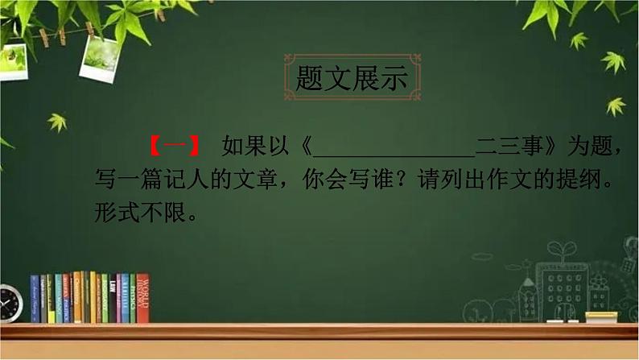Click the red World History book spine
coord(142,299)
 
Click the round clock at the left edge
coord(9,304)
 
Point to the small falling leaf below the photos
coord(57,122)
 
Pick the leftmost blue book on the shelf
coord(35,299)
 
